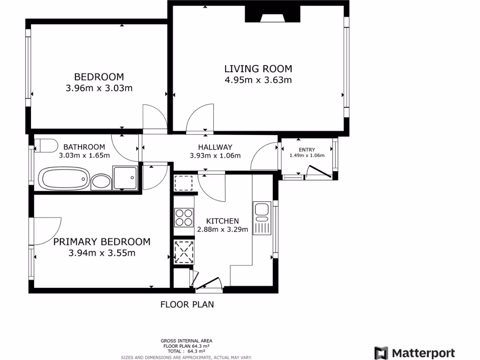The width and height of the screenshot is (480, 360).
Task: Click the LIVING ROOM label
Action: pos(258,69)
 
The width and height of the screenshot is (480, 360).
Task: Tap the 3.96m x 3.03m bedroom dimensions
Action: pos(99,88)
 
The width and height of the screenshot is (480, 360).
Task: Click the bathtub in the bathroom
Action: pos(63,179)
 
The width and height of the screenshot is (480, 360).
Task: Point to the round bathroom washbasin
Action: pos(100,181)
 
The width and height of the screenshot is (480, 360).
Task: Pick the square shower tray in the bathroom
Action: pos(125,178)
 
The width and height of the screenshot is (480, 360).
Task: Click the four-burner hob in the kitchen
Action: pos(184,216)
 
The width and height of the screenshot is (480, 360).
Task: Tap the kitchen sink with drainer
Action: pos(262,218)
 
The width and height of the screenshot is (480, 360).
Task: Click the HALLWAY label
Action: pos(215,147)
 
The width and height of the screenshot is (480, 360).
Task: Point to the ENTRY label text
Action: pos(307,150)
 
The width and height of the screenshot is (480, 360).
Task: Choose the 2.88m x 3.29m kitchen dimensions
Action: pos(223,230)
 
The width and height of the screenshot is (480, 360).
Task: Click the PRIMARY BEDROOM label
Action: pos(102,242)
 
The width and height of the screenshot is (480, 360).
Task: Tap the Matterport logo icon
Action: pos(381,353)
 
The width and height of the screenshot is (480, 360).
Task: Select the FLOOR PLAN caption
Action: pos(187,305)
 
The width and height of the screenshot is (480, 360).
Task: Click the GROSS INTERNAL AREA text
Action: pos(187,341)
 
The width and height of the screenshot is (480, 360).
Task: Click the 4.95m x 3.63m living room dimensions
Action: pos(258,80)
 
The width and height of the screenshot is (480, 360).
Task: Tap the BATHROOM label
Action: pos(84,147)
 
